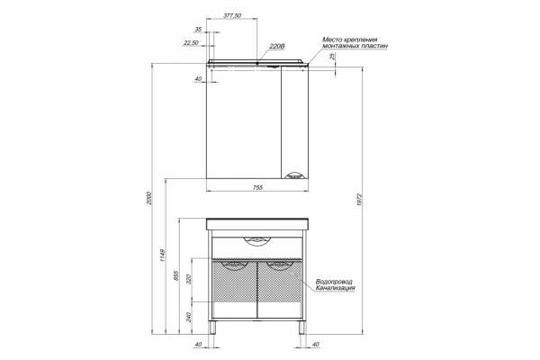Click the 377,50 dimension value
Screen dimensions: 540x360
pos(232,15)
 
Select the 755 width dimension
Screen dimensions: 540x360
pos(257,188)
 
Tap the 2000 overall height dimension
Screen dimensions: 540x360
pos(148,198)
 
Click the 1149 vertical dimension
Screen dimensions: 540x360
pos(163,256)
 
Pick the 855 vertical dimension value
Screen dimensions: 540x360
pos(176,275)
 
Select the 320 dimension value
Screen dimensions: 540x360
pos(189,279)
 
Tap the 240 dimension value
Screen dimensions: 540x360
pos(189,317)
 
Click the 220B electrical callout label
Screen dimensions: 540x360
pos(277,47)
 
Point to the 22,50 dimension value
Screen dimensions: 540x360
pos(191,42)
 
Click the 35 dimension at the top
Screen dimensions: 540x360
pos(198,30)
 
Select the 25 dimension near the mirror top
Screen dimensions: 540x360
pos(333,57)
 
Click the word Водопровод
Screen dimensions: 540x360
pos(334,282)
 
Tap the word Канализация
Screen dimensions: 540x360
pos(336,288)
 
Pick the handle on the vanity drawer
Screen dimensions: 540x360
pos(257,242)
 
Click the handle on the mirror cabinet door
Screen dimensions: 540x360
pos(293,176)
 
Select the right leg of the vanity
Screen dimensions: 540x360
pos(301,328)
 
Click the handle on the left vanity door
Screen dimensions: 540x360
pos(235,265)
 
